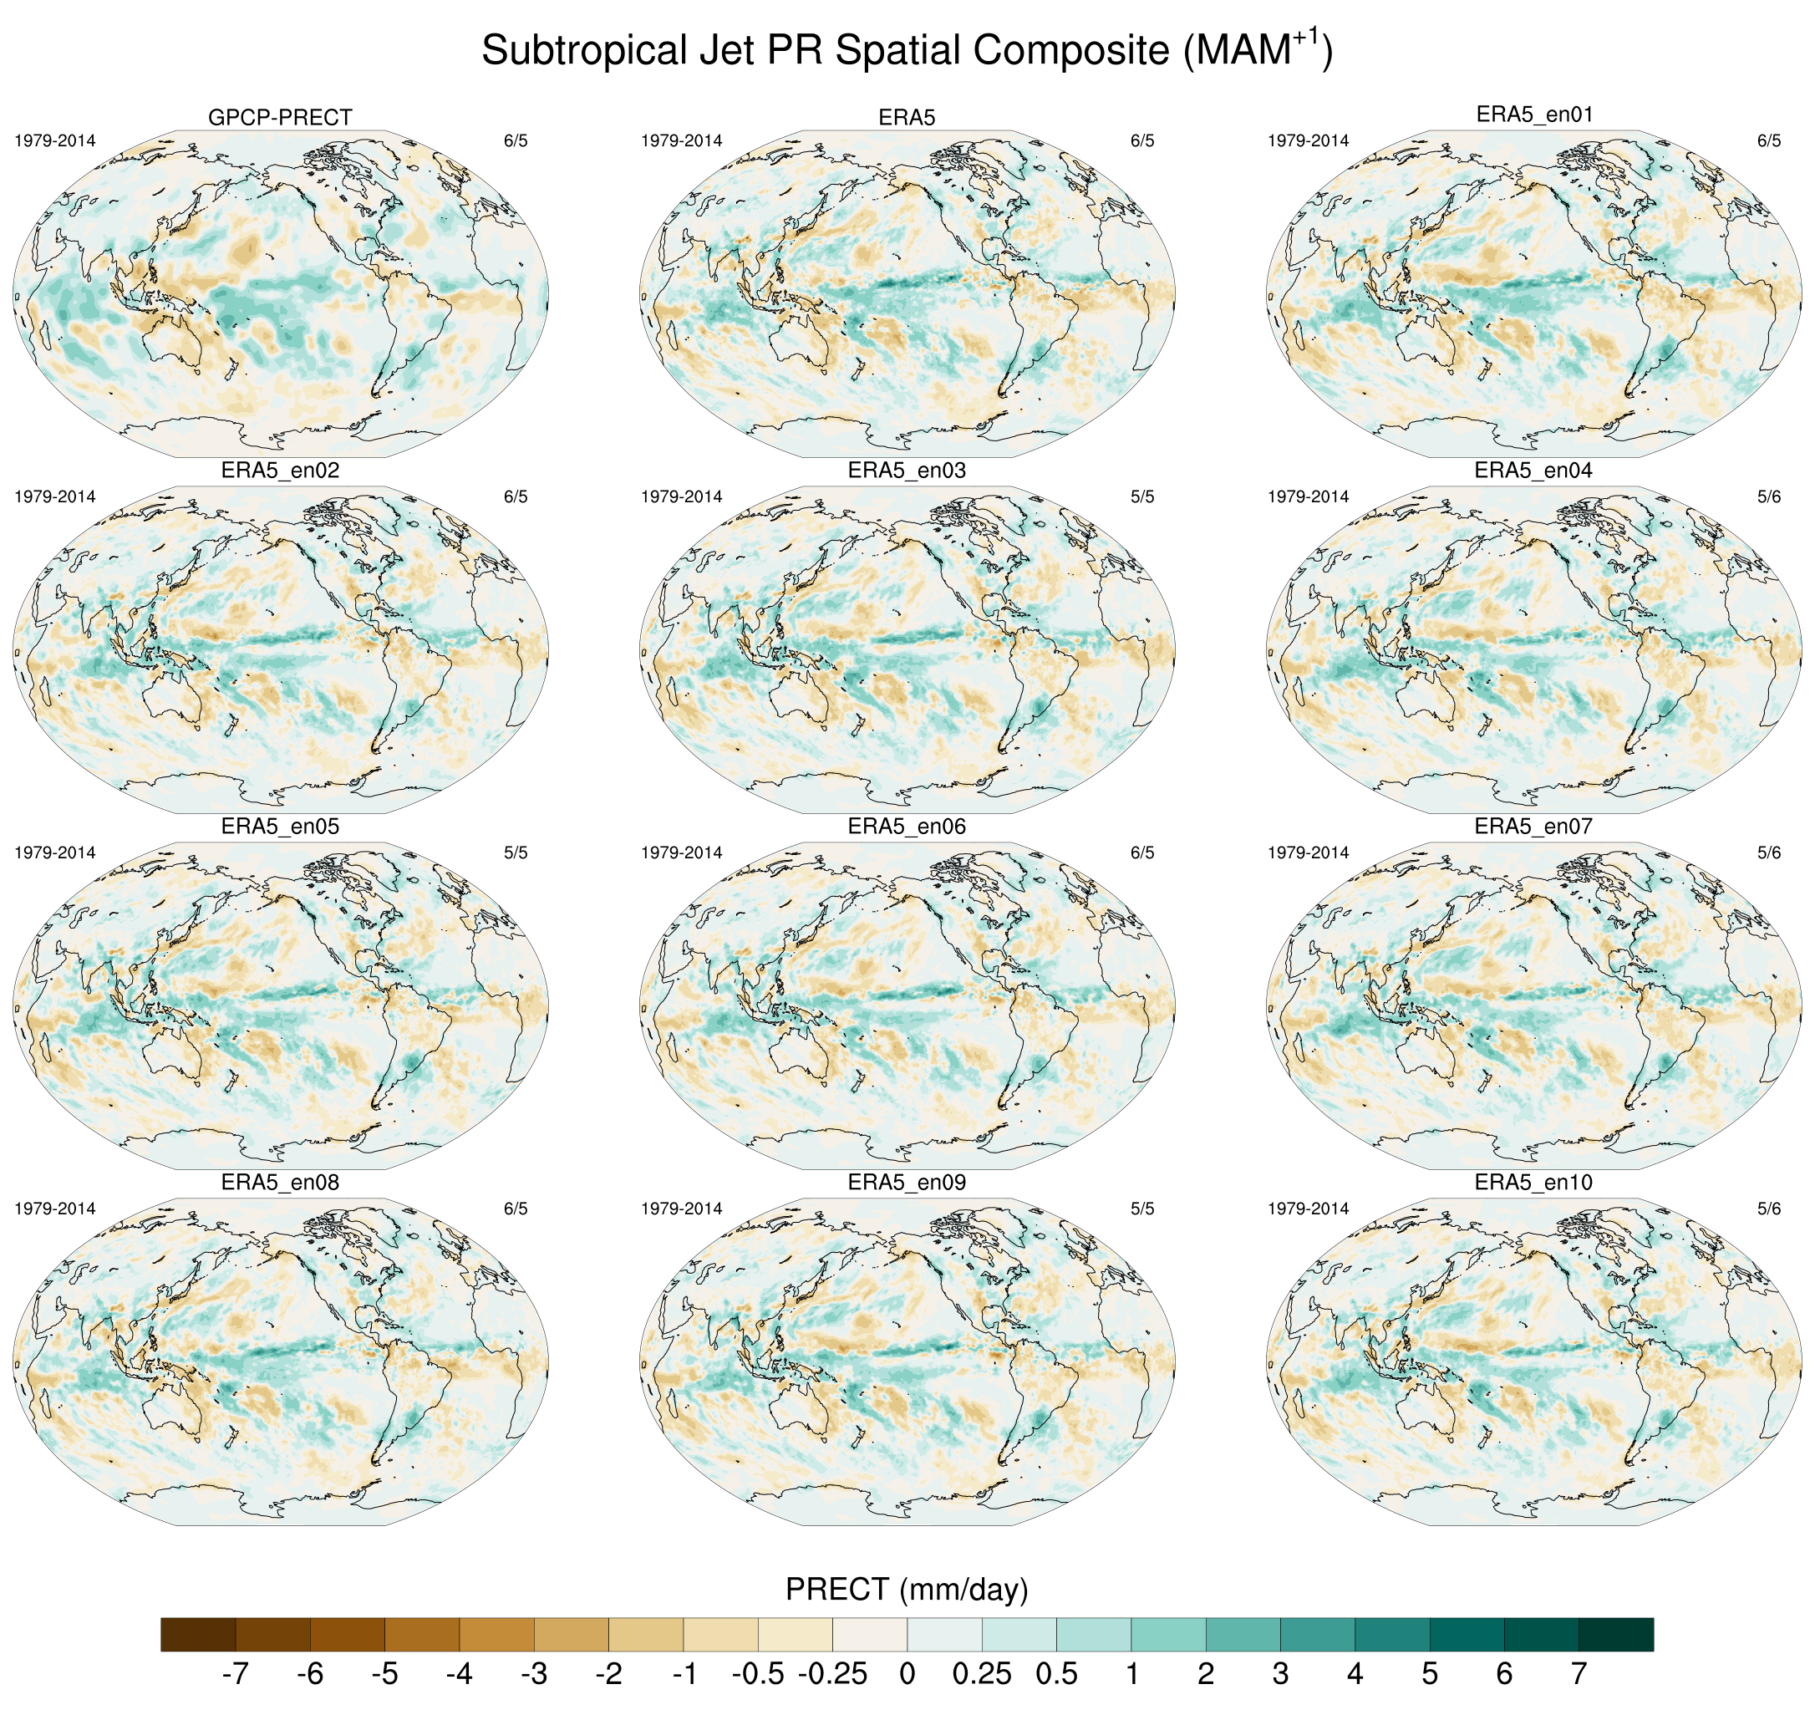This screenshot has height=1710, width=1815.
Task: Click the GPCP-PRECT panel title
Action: pyautogui.click(x=279, y=118)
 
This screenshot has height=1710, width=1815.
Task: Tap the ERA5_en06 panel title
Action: pyautogui.click(x=907, y=827)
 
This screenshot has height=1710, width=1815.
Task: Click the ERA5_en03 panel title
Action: pyautogui.click(x=907, y=471)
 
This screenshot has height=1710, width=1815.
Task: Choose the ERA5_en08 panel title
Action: pyautogui.click(x=279, y=1183)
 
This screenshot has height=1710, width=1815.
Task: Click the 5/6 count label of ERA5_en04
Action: pyautogui.click(x=1768, y=496)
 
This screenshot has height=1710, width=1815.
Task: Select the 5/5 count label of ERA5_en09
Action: pyautogui.click(x=1142, y=1209)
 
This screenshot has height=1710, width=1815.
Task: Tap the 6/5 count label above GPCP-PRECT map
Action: pyautogui.click(x=515, y=140)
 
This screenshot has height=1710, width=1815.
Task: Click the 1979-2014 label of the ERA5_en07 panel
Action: pyautogui.click(x=1308, y=852)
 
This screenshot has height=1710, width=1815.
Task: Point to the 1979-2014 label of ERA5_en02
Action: pyautogui.click(x=55, y=496)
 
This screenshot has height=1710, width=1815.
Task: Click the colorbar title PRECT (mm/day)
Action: pyautogui.click(x=907, y=1589)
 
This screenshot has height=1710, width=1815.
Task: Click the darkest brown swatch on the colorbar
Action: pyautogui.click(x=198, y=1634)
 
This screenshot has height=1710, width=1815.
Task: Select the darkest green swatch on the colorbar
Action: pyautogui.click(x=1616, y=1634)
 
